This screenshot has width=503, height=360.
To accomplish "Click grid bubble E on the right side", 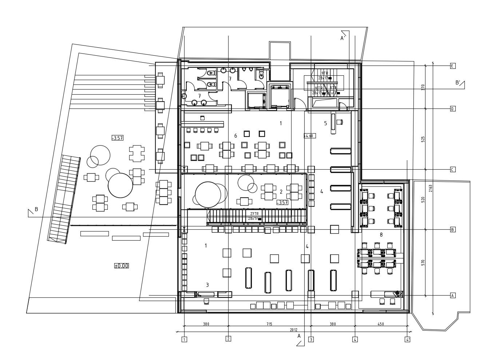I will point(452,66).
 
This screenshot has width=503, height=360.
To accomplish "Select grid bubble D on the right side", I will point(452,109).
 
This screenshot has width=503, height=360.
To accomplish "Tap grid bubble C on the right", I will point(452,170).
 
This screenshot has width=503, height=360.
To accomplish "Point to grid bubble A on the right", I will point(452,296).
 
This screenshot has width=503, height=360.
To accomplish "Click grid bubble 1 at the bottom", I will point(184,340).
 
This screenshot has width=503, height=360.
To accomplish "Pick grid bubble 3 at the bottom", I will point(311,340).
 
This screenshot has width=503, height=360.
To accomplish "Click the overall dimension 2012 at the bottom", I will point(293,330).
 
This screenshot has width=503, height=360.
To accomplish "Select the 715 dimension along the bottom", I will point(269,324).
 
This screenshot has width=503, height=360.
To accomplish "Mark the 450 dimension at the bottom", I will point(381,324).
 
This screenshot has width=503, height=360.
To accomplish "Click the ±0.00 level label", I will point(122,266).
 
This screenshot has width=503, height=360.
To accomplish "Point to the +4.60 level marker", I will point(309,136).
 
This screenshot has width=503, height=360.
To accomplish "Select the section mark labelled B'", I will point(458,83).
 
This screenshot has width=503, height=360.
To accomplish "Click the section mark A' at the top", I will point(343,38).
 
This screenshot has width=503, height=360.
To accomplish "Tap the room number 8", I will point(381,235).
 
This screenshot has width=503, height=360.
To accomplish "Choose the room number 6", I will point(235,136).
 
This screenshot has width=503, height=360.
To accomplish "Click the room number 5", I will point(325,123).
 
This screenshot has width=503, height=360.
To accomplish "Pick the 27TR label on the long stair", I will point(254,214).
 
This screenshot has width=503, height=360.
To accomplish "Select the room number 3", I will point(207,285).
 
